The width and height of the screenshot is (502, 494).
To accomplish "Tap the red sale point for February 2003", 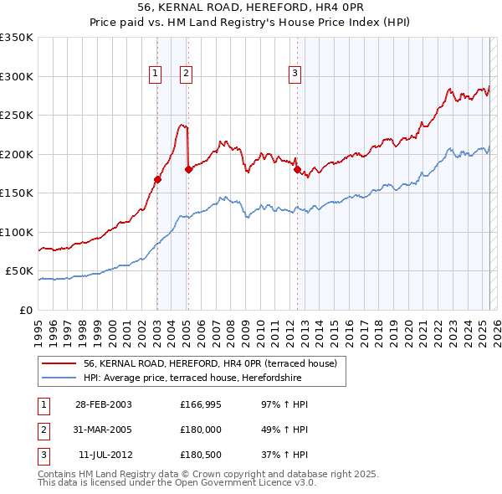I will tap(157, 179).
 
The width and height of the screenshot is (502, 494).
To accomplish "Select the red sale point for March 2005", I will tap(188, 169).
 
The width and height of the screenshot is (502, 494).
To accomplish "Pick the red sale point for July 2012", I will tap(297, 169).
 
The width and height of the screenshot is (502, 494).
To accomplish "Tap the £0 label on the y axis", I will tap(25, 310).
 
